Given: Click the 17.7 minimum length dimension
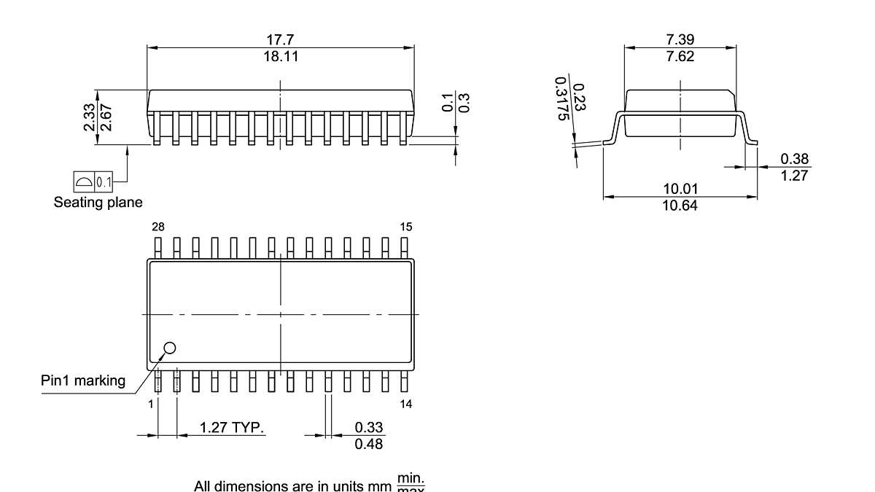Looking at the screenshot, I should [x=281, y=40].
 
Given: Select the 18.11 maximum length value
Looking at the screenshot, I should [x=281, y=56].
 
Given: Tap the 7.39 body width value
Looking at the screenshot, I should [x=680, y=40].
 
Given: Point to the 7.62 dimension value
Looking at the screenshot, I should [x=680, y=56].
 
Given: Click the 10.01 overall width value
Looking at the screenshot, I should [x=680, y=189].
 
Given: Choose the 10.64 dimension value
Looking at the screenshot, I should [x=680, y=206].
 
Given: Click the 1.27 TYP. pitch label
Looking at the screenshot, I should [x=232, y=427].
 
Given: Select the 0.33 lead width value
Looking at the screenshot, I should [x=369, y=427].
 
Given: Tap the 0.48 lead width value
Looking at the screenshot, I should [x=369, y=444].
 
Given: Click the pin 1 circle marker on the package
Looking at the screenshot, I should [x=170, y=348].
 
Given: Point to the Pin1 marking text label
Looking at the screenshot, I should [x=83, y=380].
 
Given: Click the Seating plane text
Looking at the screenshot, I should [x=98, y=202].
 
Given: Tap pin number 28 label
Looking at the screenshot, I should [x=157, y=227].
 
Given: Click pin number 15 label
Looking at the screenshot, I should [x=406, y=227].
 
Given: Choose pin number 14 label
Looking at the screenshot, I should [x=406, y=404].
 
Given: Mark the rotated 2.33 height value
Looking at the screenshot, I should [x=88, y=117].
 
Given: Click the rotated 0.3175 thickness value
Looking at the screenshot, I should [x=561, y=99].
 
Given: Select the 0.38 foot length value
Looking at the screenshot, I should [x=794, y=159].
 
